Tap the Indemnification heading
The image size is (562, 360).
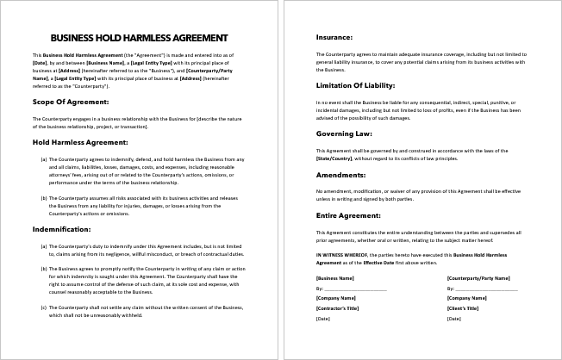58,230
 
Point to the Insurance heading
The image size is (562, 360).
334,38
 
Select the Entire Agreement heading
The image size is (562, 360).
348,215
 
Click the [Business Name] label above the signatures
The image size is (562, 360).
335,279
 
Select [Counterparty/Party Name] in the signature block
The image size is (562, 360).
476,279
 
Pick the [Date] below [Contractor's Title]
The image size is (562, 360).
323,320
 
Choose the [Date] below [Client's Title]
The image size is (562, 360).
453,320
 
